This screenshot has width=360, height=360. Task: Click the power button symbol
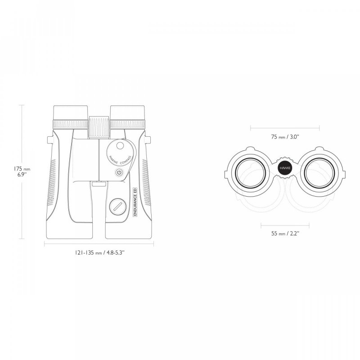tap(119, 172)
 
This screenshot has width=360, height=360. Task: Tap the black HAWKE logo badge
tap(285, 168)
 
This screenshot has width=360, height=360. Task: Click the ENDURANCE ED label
tap(135, 202)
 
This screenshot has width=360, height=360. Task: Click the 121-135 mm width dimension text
tap(99, 252)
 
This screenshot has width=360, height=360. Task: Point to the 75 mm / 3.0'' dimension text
tap(285, 137)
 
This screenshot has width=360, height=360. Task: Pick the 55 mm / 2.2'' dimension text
tap(285, 234)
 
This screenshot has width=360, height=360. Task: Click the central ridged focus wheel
tap(99, 127)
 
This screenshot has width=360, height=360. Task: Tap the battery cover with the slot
tap(118, 207)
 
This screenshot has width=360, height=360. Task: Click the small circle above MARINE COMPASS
tap(120, 145)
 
